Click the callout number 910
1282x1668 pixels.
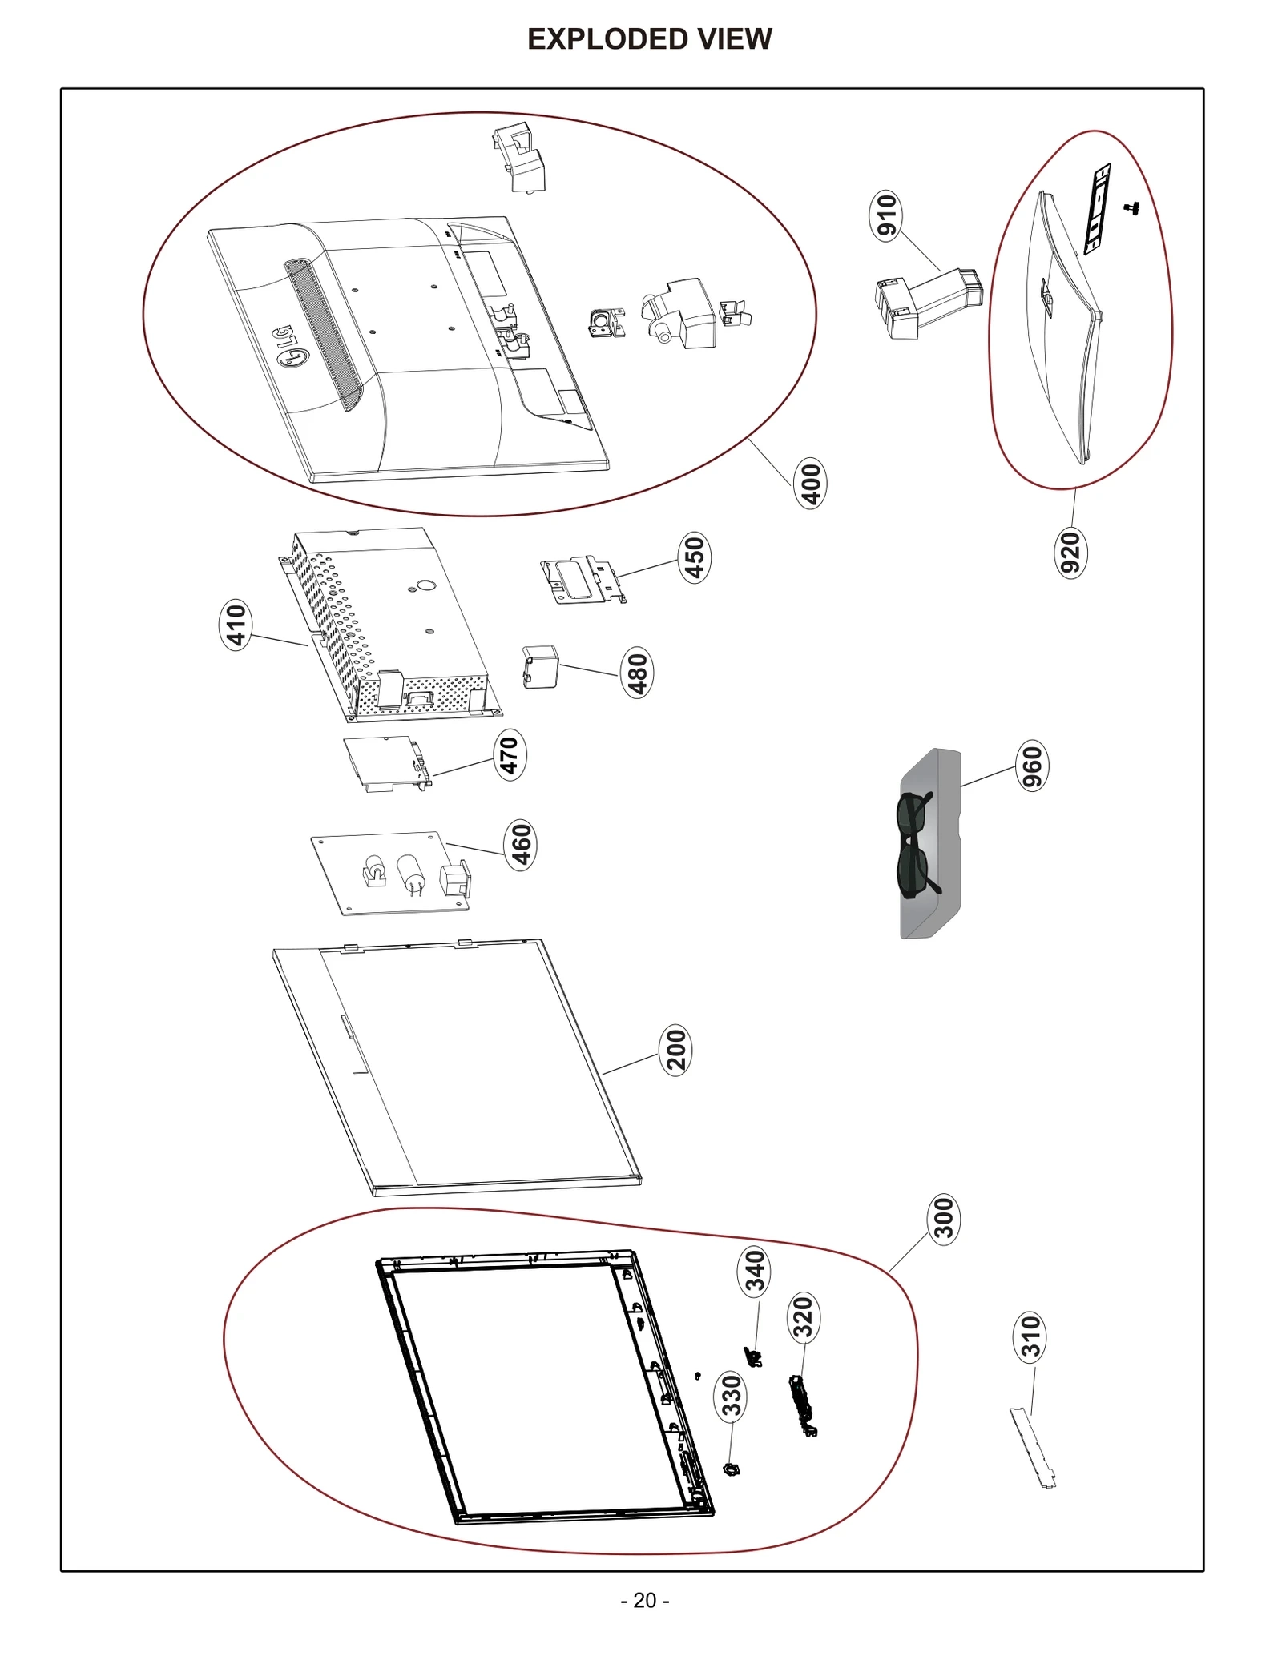(885, 215)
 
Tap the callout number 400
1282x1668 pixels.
(810, 484)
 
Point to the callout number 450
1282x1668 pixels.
(694, 557)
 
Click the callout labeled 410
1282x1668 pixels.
(236, 625)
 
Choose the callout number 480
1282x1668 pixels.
(637, 673)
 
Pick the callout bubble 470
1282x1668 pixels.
(510, 754)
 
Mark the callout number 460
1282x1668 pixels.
(521, 845)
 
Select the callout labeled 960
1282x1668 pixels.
(1032, 766)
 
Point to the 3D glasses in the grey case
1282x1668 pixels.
(913, 842)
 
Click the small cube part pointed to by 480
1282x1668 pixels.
(540, 667)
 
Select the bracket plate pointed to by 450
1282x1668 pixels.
(582, 580)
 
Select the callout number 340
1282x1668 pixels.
(754, 1272)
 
